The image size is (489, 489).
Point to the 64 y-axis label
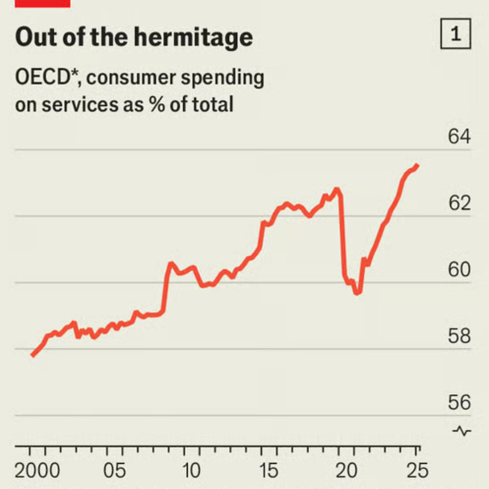point(458,138)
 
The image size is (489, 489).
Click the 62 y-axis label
point(458,204)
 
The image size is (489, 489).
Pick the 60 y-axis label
point(458,270)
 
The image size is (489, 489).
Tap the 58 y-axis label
point(458,336)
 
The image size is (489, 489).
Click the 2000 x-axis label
point(37,471)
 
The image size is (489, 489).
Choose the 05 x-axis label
point(114,471)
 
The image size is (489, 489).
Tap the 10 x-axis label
point(191,471)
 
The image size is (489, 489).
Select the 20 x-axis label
point(346,471)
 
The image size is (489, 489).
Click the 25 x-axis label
point(417,471)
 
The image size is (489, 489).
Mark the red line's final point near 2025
point(418,165)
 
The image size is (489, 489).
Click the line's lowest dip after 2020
point(357,292)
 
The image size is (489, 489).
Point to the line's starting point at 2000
point(32,355)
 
